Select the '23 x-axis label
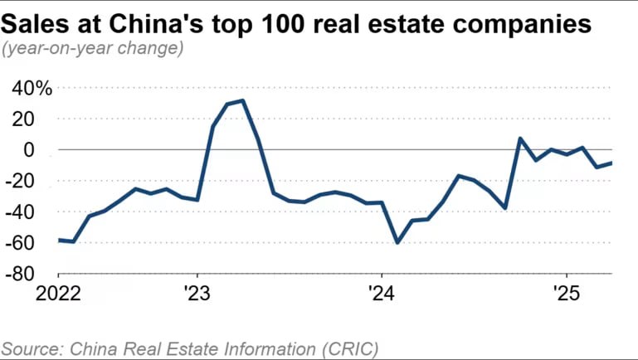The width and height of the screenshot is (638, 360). click(x=197, y=294)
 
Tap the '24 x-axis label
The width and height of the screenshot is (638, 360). click(x=381, y=294)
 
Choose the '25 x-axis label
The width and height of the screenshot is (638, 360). click(x=566, y=294)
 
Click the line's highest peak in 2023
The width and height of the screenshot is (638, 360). click(x=242, y=100)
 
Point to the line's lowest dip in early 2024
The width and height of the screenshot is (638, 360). click(x=397, y=242)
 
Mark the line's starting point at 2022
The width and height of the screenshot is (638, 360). click(x=58, y=240)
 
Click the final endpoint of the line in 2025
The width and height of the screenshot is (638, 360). click(x=611, y=163)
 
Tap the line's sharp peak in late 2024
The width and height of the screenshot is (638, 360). click(x=520, y=139)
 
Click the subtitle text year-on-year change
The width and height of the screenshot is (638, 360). click(x=93, y=48)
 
